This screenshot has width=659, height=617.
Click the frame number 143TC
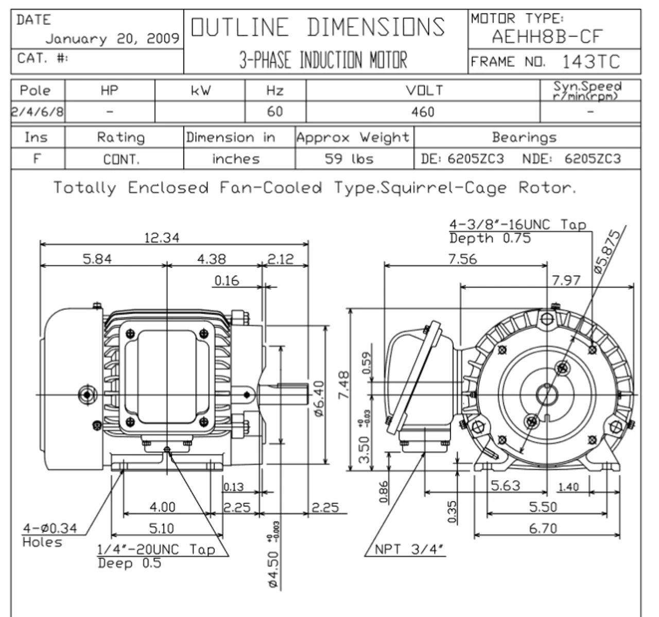point(591,62)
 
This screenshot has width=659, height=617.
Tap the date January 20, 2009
point(112,39)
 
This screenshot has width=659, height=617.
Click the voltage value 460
point(423,112)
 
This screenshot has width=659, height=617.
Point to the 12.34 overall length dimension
point(162,237)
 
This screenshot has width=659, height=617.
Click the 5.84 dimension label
point(97,259)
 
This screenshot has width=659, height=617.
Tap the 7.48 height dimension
point(344,385)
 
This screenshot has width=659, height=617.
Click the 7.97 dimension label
point(566,280)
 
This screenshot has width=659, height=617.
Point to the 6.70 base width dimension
point(543,528)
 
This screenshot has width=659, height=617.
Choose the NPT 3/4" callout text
point(408,549)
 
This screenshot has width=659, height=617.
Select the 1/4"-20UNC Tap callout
point(156,550)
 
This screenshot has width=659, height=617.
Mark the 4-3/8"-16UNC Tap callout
point(517,225)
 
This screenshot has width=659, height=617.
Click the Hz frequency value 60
point(275,112)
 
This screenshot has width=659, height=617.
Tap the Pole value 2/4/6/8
point(38,112)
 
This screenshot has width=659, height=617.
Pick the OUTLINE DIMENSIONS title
point(318,27)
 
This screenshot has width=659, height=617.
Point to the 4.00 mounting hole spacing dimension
point(162,507)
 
